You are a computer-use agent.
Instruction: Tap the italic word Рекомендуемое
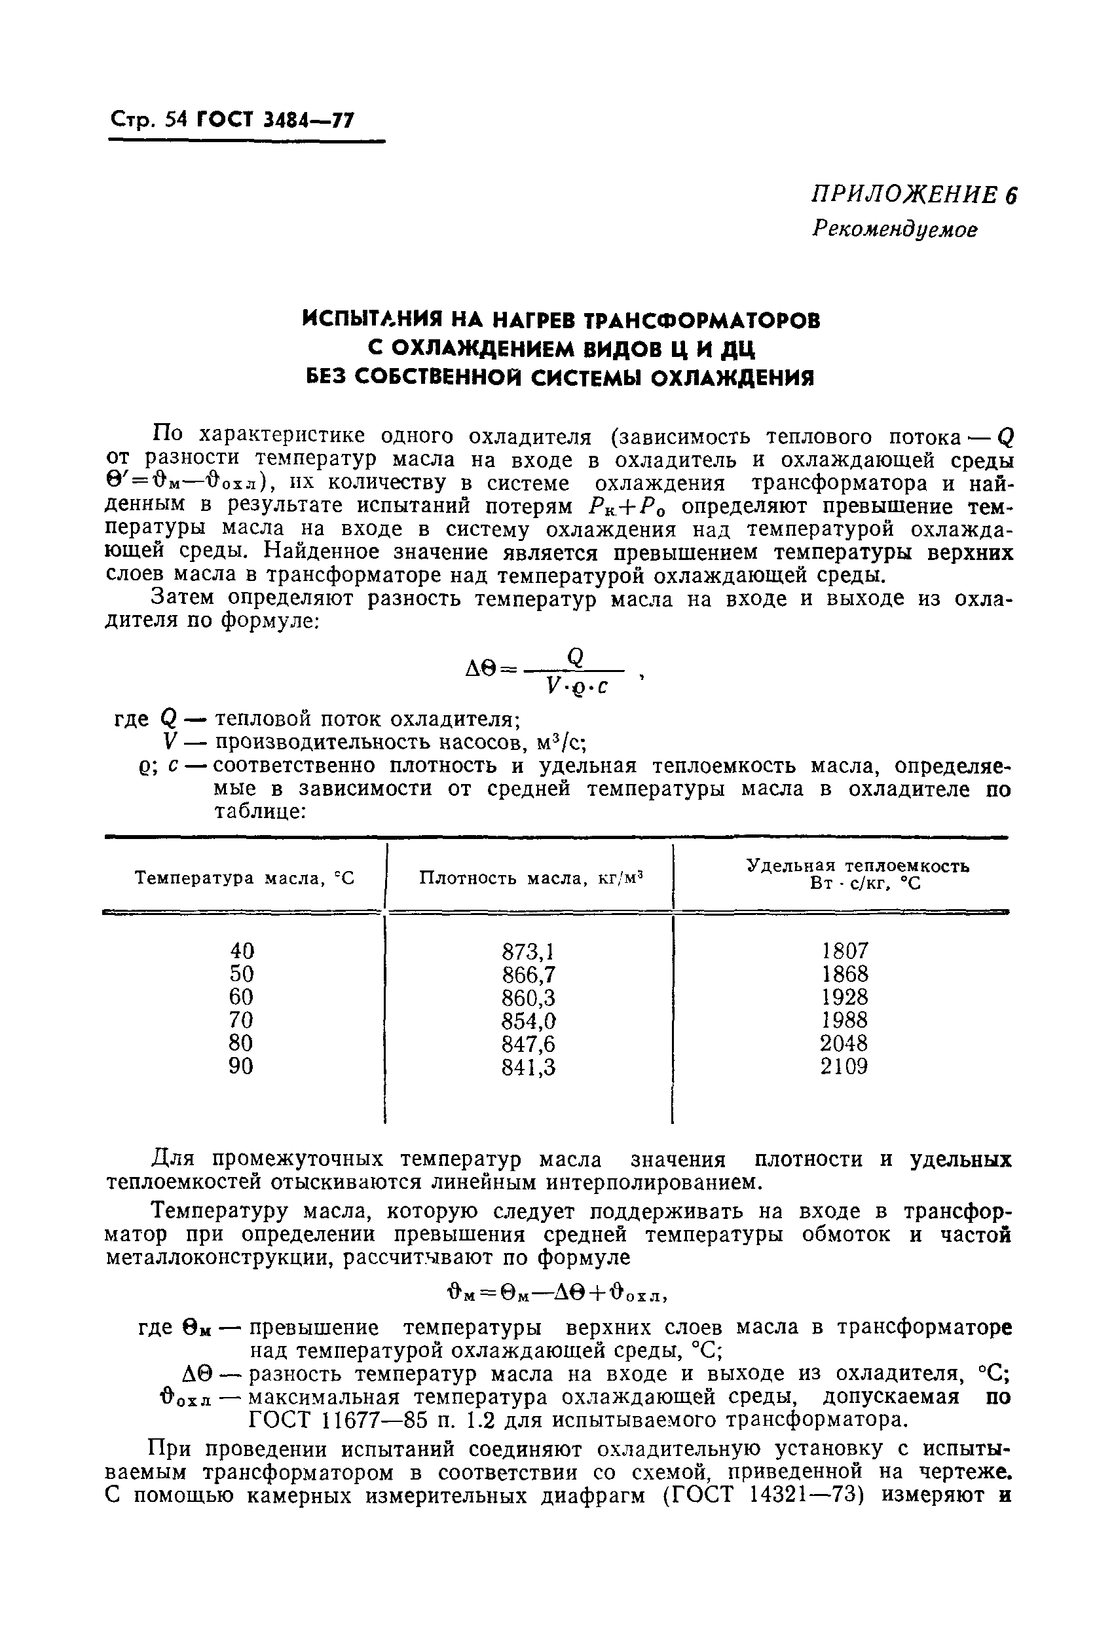click(894, 229)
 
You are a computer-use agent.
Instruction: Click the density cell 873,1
click(528, 952)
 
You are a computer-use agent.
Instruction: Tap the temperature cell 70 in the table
click(242, 1021)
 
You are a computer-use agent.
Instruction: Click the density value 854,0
click(528, 1021)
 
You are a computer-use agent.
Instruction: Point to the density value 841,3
click(528, 1068)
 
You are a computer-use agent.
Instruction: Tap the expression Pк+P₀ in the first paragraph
click(631, 507)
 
